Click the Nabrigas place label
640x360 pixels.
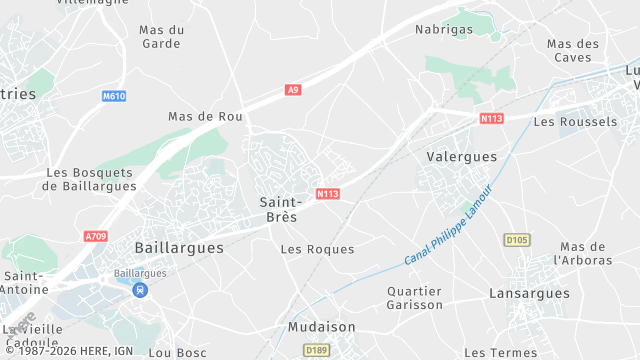pyautogui.click(x=443, y=29)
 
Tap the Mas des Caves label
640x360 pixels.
pyautogui.click(x=573, y=51)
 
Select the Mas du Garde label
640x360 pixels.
pyautogui.click(x=162, y=37)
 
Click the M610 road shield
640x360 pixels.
pyautogui.click(x=115, y=96)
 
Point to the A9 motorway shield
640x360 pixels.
pyautogui.click(x=293, y=90)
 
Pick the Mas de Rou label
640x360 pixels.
pyautogui.click(x=206, y=117)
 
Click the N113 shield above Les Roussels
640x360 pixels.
pyautogui.click(x=491, y=118)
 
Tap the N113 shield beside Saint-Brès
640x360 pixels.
pyautogui.click(x=329, y=194)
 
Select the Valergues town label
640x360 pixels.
pyautogui.click(x=462, y=157)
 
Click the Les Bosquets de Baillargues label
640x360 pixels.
pyautogui.click(x=90, y=179)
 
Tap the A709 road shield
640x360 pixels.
pyautogui.click(x=96, y=237)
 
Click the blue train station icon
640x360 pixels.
pyautogui.click(x=139, y=290)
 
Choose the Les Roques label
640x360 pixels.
pyautogui.click(x=317, y=249)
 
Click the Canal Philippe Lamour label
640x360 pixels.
pyautogui.click(x=449, y=225)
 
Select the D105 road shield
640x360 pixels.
pyautogui.click(x=516, y=240)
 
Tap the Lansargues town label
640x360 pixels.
pyautogui.click(x=529, y=293)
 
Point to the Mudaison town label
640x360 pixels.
pyautogui.click(x=321, y=327)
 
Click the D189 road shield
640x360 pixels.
pyautogui.click(x=316, y=350)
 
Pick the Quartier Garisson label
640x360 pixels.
pyautogui.click(x=414, y=298)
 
